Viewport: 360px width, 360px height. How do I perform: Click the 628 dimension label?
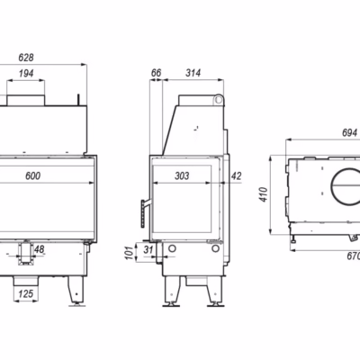pos(26,58)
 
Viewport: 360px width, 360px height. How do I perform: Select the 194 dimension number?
pos(26,73)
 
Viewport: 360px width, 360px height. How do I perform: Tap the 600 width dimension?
pos(32,175)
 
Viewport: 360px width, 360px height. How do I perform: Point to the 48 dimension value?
pos(40,248)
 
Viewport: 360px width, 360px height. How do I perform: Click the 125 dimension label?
pos(26,293)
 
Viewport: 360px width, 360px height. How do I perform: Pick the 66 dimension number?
pos(156,73)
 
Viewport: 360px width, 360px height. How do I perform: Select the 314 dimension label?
pos(193,73)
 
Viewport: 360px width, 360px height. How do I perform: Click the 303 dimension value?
pos(182,175)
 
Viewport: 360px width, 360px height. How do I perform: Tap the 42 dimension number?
pos(237,175)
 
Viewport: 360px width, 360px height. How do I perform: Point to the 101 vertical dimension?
pos(129,253)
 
